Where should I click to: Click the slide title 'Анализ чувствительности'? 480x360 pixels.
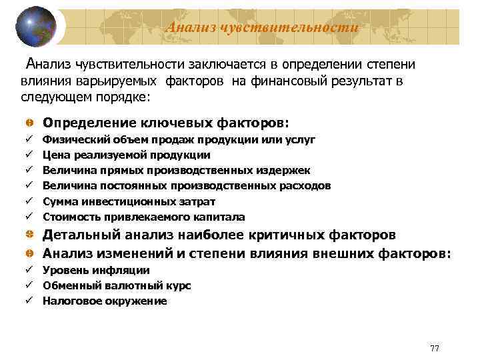click(261, 27)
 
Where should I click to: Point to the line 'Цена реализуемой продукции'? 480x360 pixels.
click(127, 155)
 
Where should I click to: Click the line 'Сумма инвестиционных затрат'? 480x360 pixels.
click(129, 201)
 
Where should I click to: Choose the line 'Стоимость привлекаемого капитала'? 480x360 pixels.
click(144, 217)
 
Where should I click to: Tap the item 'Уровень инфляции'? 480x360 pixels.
click(96, 270)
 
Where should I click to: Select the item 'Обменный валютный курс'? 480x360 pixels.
click(117, 285)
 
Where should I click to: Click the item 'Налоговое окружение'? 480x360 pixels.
click(105, 301)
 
